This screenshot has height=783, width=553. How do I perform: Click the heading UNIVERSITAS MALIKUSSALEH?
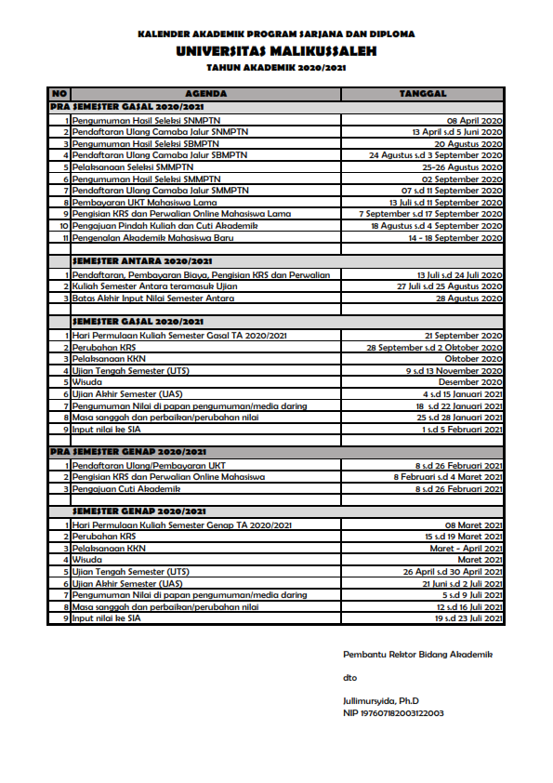pyautogui.click(x=276, y=53)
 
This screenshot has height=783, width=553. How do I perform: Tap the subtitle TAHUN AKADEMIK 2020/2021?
pyautogui.click(x=276, y=69)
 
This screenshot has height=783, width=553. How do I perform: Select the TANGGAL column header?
pyautogui.click(x=423, y=94)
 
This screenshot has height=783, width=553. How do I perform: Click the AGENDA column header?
pyautogui.click(x=206, y=94)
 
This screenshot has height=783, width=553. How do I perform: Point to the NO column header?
pyautogui.click(x=59, y=94)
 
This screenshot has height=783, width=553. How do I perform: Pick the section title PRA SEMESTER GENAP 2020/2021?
pyautogui.click(x=130, y=451)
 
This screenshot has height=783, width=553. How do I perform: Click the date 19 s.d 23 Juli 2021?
pyautogui.click(x=469, y=618)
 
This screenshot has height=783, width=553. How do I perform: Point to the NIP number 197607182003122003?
pyautogui.click(x=393, y=712)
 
